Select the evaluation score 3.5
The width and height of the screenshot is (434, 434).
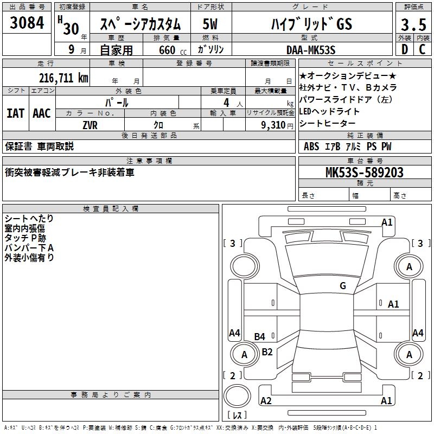tap(412, 25)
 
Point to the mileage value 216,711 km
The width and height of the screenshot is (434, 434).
tap(63, 78)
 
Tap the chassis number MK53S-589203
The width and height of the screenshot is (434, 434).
tap(364, 173)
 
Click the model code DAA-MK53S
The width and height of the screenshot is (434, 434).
tap(311, 49)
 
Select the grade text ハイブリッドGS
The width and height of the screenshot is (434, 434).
tap(311, 24)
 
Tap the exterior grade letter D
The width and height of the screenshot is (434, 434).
tap(404, 49)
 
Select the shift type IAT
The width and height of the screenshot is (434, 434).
tap(15, 113)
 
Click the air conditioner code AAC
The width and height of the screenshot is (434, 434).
tap(42, 113)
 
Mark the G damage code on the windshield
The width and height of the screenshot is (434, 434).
tap(342, 286)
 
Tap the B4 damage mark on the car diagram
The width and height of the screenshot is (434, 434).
tap(260, 337)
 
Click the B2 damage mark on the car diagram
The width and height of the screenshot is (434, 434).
tap(267, 352)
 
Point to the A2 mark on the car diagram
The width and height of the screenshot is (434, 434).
tap(266, 401)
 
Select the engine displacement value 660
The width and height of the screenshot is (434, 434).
tap(167, 50)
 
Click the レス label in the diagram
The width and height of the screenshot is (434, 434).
tap(237, 415)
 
